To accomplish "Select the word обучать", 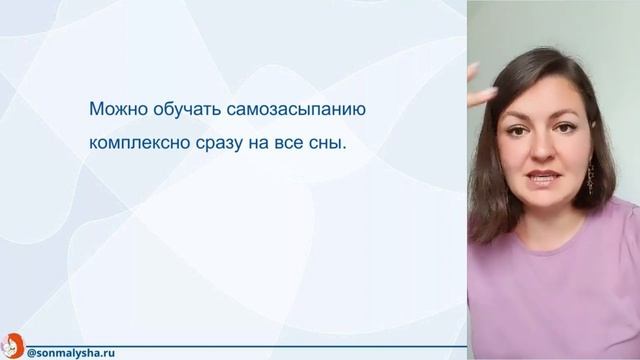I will pos(182,108).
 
